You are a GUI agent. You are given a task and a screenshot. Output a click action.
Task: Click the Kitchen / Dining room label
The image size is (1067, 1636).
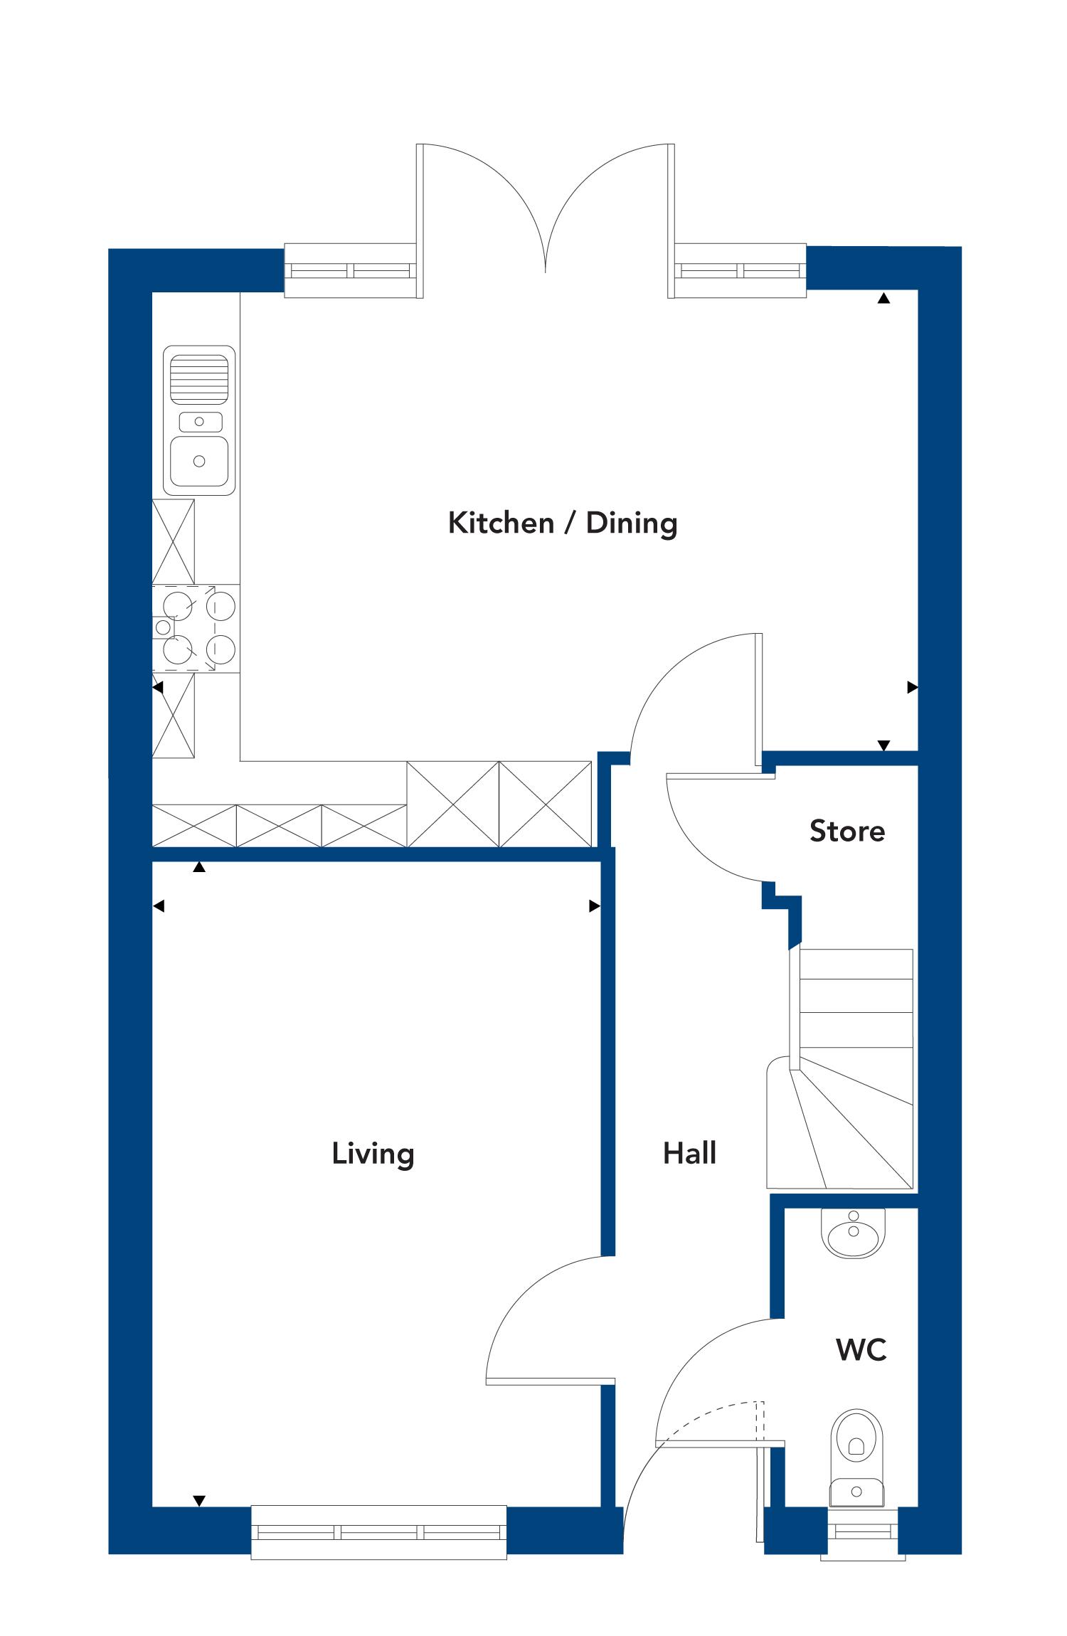563,524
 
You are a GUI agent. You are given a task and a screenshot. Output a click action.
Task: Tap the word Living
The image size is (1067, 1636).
373,1154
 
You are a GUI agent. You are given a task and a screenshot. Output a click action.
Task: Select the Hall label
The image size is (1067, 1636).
689,1153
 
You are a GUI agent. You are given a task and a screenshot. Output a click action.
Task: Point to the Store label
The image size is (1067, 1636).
847,831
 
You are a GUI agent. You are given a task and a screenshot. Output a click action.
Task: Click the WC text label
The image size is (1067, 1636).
861,1349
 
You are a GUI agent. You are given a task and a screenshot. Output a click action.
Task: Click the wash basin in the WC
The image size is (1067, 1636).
854,1233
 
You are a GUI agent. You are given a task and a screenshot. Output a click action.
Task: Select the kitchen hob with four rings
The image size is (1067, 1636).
196,627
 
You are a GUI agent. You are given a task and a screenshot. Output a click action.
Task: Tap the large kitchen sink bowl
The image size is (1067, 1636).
199,461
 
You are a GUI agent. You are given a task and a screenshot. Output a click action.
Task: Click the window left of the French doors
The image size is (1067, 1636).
350,270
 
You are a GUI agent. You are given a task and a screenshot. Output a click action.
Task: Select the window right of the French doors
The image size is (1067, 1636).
740,270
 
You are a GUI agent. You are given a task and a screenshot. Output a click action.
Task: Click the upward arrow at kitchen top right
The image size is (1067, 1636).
883,299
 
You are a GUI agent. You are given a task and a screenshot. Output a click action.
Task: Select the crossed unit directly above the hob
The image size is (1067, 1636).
174,542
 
